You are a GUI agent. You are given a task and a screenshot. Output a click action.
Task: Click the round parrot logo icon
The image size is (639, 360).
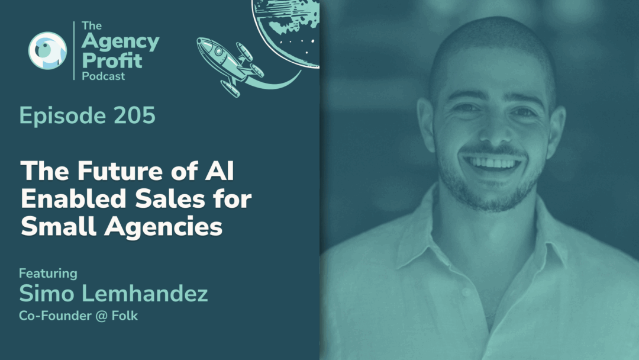pyautogui.click(x=47, y=50)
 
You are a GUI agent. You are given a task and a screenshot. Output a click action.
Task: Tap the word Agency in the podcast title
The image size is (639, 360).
pyautogui.click(x=121, y=43)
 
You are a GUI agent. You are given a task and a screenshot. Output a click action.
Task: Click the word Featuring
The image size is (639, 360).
pyautogui.click(x=48, y=274)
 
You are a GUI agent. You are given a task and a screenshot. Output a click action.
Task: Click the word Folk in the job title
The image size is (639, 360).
pyautogui.click(x=126, y=316)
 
